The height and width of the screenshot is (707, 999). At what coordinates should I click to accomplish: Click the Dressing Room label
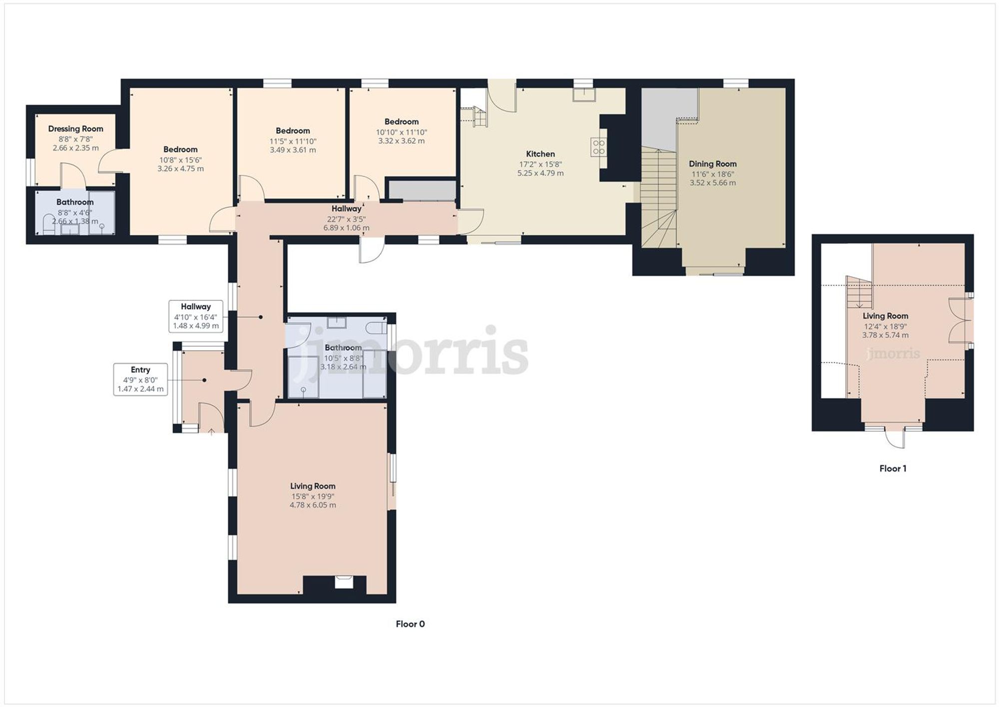(75, 129)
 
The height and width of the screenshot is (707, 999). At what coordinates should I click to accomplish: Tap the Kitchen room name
(540, 154)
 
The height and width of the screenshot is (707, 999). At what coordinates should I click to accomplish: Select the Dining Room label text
(712, 164)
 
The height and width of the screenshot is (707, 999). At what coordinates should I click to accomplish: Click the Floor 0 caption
(410, 624)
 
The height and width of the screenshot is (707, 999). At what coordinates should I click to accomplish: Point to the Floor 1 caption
(893, 468)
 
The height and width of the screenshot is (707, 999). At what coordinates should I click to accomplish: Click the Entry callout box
(140, 379)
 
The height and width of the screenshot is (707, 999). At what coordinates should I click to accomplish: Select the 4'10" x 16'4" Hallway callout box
(196, 316)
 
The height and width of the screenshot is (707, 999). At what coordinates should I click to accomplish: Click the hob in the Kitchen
(598, 147)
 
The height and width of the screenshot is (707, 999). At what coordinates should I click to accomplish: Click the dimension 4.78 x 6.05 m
(313, 505)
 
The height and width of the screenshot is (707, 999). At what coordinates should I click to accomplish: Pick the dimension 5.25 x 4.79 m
(540, 173)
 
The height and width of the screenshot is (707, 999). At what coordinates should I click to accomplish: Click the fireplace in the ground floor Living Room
(343, 583)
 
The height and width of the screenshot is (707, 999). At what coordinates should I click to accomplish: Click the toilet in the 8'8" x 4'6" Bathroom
(48, 225)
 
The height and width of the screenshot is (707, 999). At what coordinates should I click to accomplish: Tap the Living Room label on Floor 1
(885, 316)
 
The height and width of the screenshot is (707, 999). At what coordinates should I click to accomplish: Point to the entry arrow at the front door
(211, 432)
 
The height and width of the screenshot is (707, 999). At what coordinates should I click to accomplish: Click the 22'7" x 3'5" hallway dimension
(346, 219)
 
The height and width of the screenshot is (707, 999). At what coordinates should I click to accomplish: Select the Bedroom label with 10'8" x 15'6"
(180, 149)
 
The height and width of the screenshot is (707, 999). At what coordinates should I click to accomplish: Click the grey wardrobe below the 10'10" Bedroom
(422, 190)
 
